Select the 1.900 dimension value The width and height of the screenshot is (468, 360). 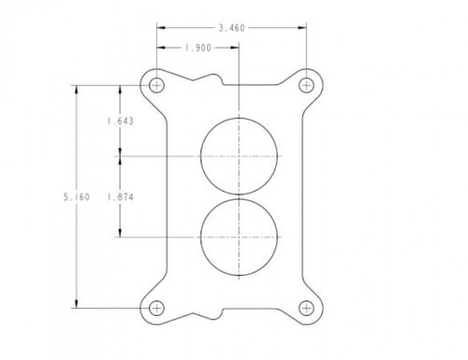coord(197,48)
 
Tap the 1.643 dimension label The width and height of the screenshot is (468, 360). coord(119,120)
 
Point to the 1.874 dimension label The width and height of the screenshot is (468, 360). coord(119,196)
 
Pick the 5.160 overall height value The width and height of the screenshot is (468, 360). coord(76,196)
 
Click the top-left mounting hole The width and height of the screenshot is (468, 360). coord(155,85)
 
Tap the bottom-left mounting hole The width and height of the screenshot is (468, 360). coord(155,308)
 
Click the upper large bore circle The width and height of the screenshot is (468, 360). coord(240,155)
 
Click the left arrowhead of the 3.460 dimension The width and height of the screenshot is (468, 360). coord(160,29)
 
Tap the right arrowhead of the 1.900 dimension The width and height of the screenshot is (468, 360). coord(236,48)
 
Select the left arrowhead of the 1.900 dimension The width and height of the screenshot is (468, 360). coord(160,48)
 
